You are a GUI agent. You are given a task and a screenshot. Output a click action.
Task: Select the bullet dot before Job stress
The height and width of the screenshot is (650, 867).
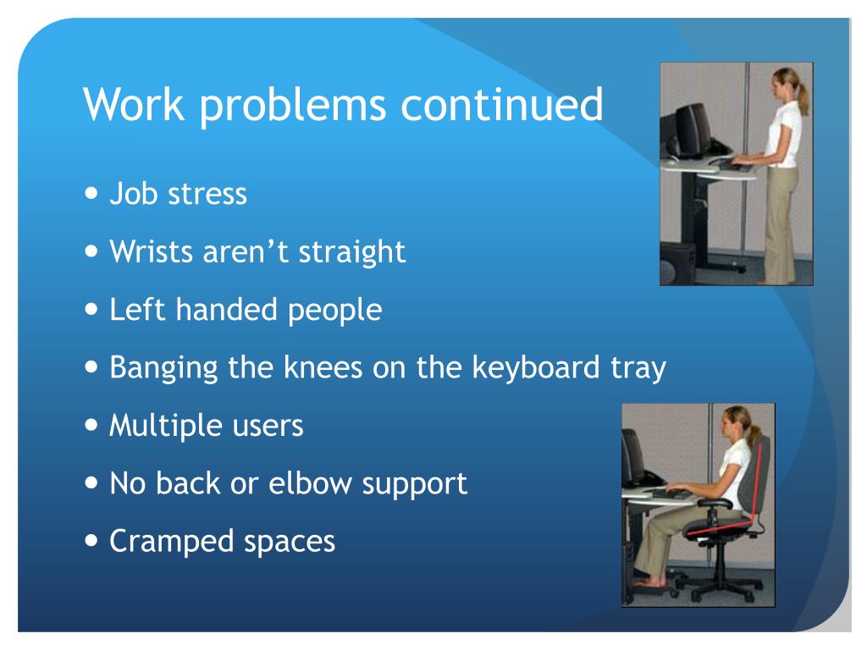(x=92, y=194)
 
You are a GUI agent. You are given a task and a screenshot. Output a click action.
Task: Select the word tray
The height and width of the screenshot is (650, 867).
(x=638, y=367)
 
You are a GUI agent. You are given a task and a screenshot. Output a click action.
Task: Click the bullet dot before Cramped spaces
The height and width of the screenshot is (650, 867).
(x=92, y=541)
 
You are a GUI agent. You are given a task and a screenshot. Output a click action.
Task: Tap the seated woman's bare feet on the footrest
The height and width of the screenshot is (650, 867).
(x=649, y=582)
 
